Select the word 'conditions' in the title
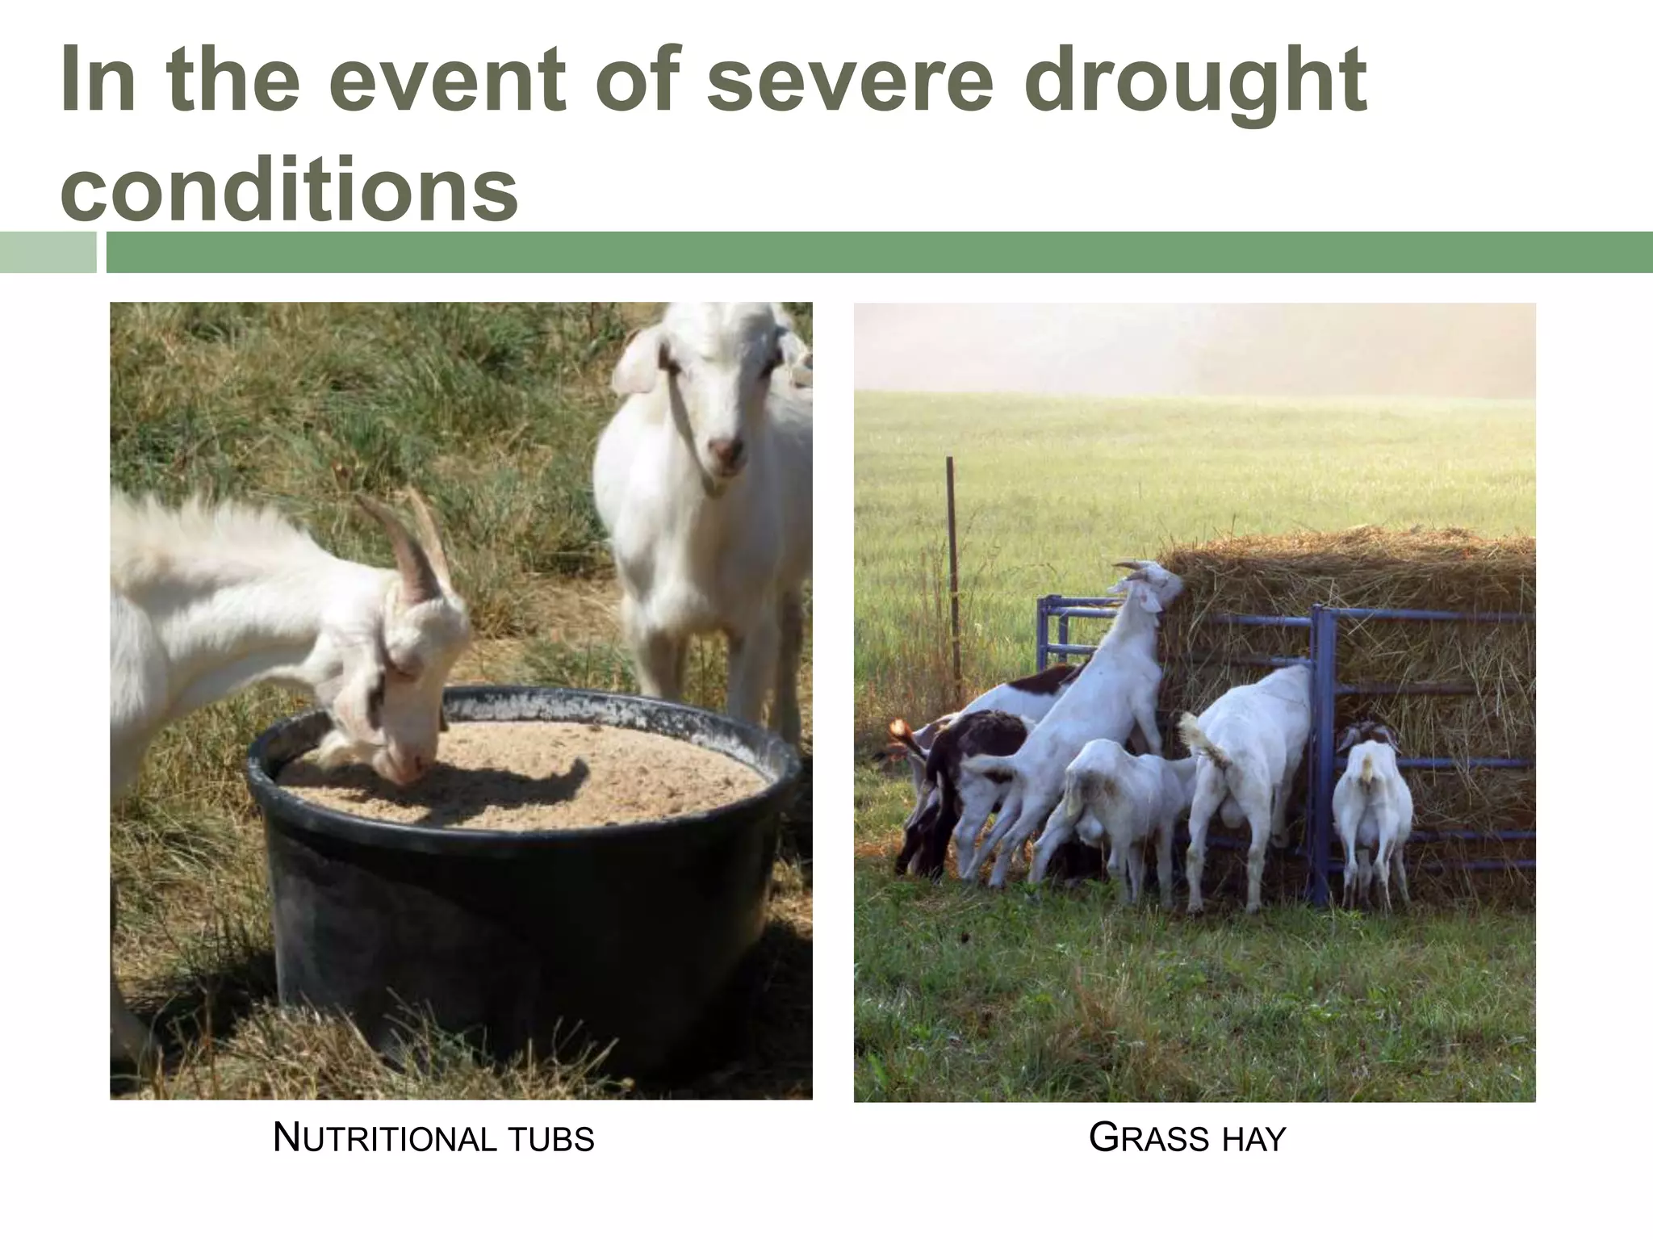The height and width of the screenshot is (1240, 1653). (x=289, y=187)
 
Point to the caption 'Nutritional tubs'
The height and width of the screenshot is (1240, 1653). (x=433, y=1139)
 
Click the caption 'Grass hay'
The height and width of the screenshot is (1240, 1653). (x=1186, y=1139)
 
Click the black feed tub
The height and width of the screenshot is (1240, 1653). (x=517, y=928)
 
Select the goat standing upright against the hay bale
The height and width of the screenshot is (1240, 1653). (x=1082, y=710)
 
